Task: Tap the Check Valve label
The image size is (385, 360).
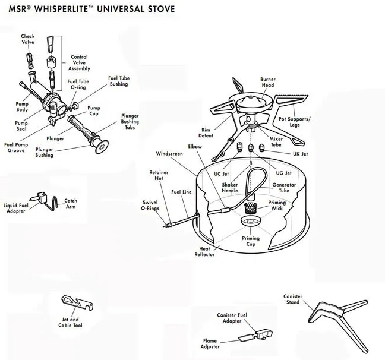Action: (x=28, y=39)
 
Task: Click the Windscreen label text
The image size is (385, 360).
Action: (x=169, y=153)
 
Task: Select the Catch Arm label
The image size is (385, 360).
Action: (x=71, y=203)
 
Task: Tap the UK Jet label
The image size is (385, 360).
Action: (x=301, y=154)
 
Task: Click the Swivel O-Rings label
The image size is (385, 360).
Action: (x=150, y=205)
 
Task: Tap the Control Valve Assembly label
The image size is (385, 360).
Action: (x=79, y=62)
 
